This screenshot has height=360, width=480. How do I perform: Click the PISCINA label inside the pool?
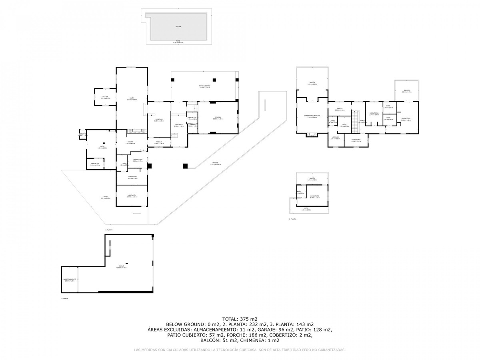[x=178, y=27]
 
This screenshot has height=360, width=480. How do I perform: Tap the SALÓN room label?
[x=132, y=98]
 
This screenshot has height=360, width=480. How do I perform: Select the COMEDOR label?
[x=159, y=119]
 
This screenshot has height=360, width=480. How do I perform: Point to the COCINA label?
[x=130, y=142]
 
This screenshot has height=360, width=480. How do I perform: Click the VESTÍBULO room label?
[x=179, y=124]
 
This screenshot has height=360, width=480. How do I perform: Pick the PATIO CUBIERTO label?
[x=205, y=86]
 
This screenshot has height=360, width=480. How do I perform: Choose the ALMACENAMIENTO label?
[x=70, y=279]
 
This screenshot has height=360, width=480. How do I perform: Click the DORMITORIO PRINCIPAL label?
[x=312, y=115]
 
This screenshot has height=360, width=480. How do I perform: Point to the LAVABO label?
[x=332, y=121]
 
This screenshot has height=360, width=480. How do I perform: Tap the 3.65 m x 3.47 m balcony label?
[x=407, y=91]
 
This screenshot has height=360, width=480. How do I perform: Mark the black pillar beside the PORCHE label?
[x=185, y=166]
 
